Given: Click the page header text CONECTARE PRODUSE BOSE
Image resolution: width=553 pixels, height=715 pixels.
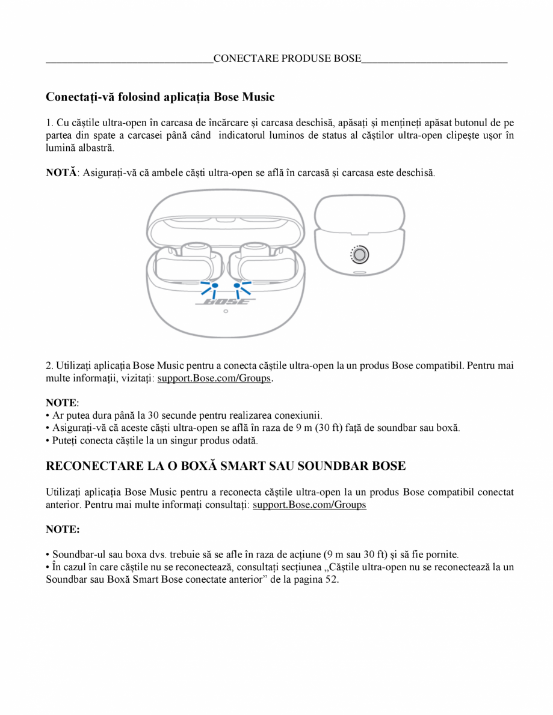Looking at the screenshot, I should point(287,58).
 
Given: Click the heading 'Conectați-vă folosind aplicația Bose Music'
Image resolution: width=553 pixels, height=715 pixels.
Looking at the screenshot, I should point(160,97).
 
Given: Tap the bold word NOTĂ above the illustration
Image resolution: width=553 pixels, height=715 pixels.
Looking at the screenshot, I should point(61,172).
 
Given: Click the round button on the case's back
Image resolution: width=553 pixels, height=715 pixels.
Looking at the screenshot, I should point(359,255).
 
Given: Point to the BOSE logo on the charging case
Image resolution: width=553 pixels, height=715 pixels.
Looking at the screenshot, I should point(225,302).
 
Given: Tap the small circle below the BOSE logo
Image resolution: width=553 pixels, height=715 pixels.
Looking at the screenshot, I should point(225,311).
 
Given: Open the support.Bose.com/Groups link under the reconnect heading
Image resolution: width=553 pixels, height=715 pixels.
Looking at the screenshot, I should point(309,505).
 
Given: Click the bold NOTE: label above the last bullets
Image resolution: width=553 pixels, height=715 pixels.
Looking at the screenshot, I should point(63,529).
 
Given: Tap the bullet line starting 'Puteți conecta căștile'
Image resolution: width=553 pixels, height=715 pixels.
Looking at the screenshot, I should point(154,440).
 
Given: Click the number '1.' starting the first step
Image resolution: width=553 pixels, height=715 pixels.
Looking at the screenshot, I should point(50,123).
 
